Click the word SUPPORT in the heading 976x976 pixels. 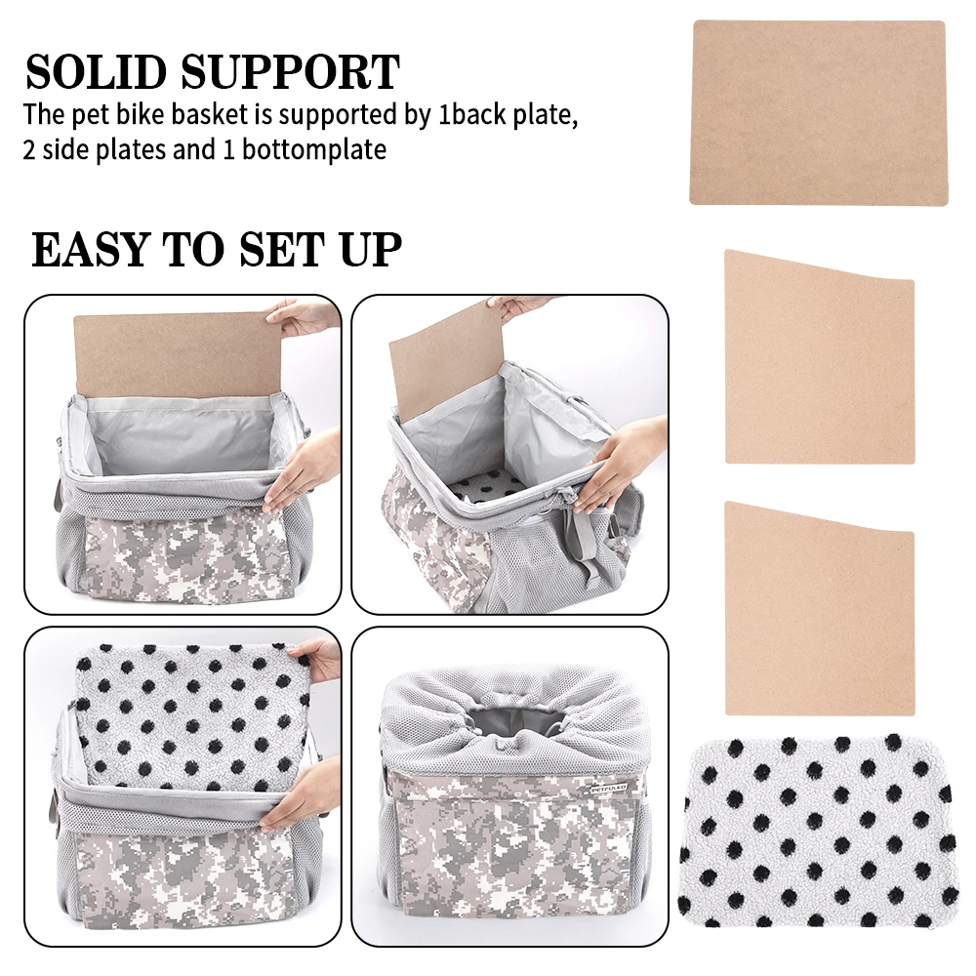291,71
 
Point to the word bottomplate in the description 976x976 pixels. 314,150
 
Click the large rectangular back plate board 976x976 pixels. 818,112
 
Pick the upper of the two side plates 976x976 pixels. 820,357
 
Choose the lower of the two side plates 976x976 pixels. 820,609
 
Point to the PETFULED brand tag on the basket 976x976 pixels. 609,788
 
